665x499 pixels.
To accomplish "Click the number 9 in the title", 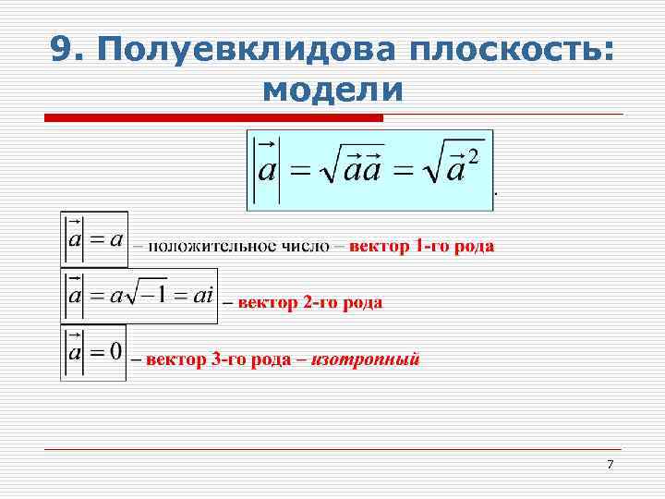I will pyautogui.click(x=63, y=51).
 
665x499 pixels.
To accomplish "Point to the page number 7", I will pyautogui.click(x=610, y=464).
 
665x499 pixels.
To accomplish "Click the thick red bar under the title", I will pyautogui.click(x=214, y=118).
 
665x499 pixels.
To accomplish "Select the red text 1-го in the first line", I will pyautogui.click(x=429, y=247).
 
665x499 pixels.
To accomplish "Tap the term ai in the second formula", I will pyautogui.click(x=204, y=296).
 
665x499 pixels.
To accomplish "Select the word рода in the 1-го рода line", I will pyautogui.click(x=473, y=247).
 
